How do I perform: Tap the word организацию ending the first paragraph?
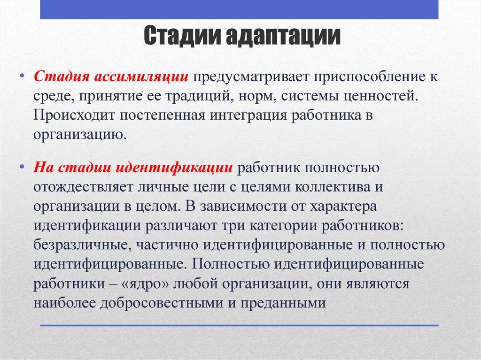pos(79,135)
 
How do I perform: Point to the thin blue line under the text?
pos(239,325)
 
